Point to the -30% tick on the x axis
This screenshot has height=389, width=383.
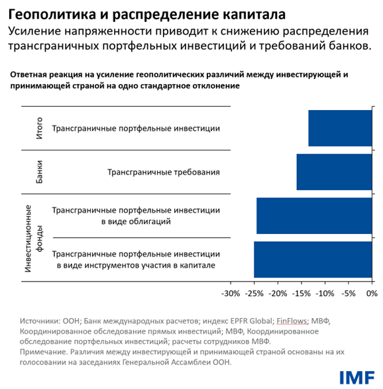point(230,292)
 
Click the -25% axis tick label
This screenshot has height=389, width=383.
point(254,292)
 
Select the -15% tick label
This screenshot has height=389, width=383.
point(301,292)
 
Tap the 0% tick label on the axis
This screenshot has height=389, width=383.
point(371,292)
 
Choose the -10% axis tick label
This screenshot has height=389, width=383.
point(325,292)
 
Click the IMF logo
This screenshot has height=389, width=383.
point(356,376)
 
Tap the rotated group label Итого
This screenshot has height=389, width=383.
point(39,128)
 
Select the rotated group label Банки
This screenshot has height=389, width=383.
point(39,172)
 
